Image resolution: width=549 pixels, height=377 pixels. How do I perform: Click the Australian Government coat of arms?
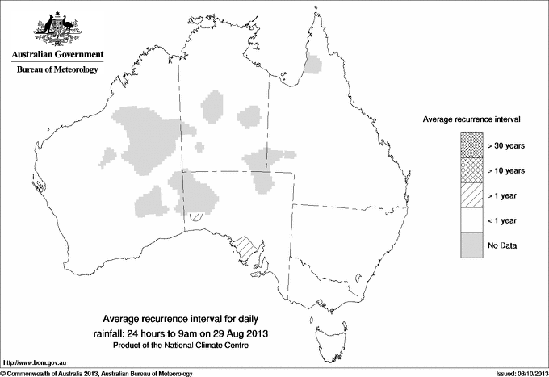click(x=57, y=28)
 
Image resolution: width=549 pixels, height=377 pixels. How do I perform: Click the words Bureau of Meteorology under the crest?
click(x=57, y=69)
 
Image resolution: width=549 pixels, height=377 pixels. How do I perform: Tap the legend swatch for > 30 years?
click(x=472, y=145)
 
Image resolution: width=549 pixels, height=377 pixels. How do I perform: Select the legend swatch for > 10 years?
click(x=472, y=170)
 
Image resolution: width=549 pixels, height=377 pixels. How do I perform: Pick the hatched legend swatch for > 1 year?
click(x=472, y=195)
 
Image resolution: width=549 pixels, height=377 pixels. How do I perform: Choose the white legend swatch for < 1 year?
click(x=472, y=220)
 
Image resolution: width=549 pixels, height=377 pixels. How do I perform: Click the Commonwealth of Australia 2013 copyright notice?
click(x=97, y=373)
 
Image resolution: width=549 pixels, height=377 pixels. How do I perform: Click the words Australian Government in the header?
click(x=57, y=55)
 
